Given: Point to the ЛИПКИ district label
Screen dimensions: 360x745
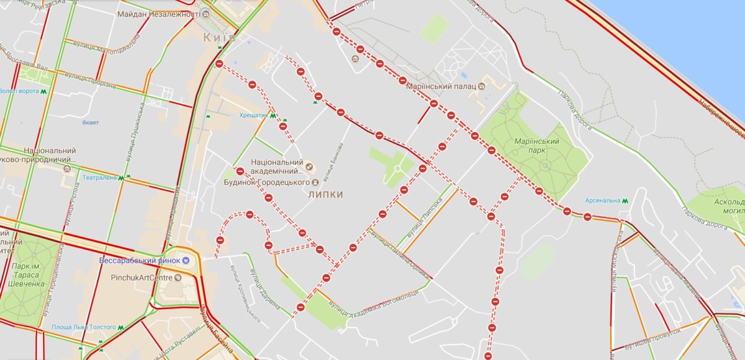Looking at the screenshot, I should (325, 194).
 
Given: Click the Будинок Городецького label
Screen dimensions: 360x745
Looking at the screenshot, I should (267, 182).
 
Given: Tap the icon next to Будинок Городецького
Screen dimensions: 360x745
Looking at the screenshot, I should (315, 182).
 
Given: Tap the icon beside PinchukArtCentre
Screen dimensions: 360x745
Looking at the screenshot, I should (178, 278).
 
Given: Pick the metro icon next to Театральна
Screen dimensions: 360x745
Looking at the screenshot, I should (122, 178).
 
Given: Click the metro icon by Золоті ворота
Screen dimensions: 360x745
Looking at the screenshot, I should (43, 91).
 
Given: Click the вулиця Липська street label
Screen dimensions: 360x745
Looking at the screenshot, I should (424, 217).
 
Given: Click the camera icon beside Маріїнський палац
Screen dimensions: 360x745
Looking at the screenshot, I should (482, 86).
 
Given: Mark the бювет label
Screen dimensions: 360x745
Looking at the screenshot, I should (91, 122).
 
